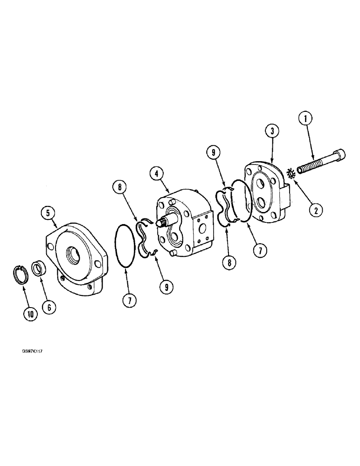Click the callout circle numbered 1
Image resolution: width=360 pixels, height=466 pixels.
coord(305,120)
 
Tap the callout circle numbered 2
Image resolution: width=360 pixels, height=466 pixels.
coord(316,210)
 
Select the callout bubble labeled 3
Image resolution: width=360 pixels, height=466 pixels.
coord(272,131)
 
